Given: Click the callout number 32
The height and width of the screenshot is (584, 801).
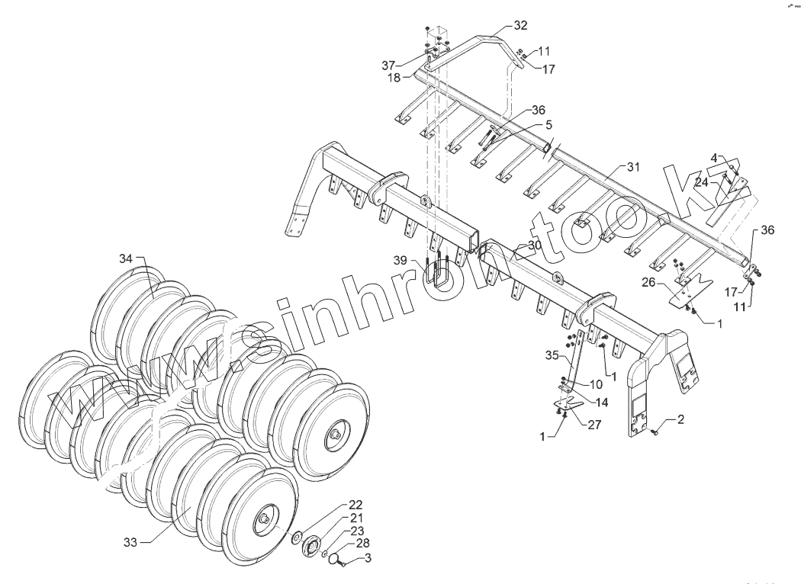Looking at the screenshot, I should pyautogui.click(x=520, y=25).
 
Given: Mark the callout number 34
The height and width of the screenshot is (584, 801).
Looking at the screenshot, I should pyautogui.click(x=127, y=258).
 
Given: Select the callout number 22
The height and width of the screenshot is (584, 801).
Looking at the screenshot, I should pyautogui.click(x=356, y=505).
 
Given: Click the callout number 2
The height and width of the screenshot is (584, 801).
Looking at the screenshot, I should pyautogui.click(x=680, y=420).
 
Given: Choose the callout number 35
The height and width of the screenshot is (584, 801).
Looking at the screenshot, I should pyautogui.click(x=552, y=355).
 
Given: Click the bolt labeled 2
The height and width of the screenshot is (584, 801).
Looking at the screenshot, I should pyautogui.click(x=656, y=432).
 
